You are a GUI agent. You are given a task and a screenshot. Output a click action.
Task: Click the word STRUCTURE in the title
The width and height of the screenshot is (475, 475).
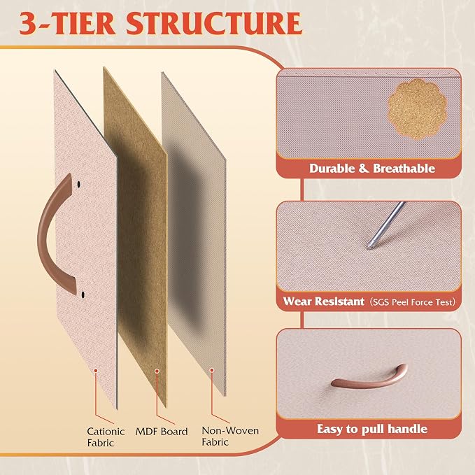214,24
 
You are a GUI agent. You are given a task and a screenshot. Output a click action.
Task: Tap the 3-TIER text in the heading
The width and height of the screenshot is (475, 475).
67,24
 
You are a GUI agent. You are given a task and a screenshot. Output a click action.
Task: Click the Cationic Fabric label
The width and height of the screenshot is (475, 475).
106,437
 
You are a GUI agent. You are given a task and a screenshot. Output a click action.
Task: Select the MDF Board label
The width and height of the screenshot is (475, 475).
162,432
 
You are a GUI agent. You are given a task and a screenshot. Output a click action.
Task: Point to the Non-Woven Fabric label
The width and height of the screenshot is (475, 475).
230,436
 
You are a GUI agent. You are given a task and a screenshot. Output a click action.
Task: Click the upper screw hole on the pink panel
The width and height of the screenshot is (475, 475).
79,184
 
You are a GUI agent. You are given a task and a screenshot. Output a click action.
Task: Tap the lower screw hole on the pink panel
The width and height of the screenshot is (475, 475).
83,294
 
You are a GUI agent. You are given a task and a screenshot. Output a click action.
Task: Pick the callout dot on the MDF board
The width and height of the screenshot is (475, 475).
157,371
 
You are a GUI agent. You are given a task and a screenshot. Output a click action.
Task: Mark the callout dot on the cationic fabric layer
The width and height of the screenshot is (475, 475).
95,370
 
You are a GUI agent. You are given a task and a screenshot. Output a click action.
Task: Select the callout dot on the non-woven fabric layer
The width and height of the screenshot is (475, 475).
212,370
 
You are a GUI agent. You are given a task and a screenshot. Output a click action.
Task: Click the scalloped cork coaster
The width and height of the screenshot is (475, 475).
418,109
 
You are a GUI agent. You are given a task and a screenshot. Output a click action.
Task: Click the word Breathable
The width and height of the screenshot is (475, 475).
404,169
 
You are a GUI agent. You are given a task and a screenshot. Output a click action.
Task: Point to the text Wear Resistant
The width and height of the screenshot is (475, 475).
323,302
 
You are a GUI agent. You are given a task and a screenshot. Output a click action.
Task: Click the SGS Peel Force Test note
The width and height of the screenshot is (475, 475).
412,302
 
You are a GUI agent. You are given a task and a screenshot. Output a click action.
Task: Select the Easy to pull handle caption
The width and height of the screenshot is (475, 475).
372,429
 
